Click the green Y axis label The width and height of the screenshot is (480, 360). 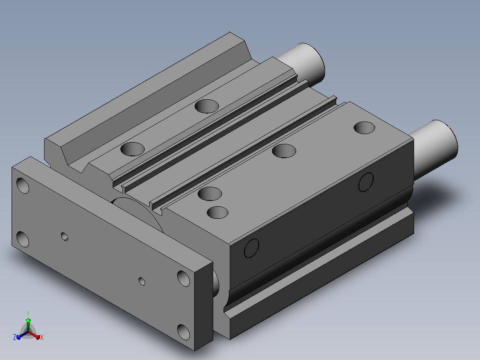click(28, 313)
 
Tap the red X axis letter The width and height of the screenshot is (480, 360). click(42, 337)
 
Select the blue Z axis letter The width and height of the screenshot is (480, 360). click(15, 337)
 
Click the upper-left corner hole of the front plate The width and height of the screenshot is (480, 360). click(23, 185)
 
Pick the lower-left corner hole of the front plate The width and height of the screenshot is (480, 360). click(23, 239)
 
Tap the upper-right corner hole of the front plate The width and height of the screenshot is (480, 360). click(183, 278)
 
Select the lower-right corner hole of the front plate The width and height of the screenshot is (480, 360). click(183, 332)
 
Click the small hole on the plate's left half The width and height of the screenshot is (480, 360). click(65, 237)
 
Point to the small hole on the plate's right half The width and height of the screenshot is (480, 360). click(142, 281)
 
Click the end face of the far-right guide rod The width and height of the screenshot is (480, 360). click(447, 139)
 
